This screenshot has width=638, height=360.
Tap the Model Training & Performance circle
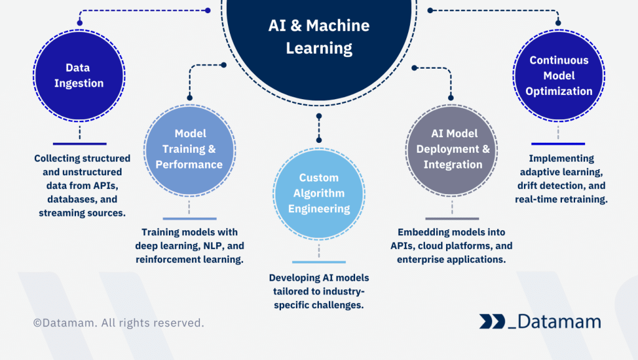click(x=189, y=150)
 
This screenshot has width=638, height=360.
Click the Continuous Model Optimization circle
click(x=558, y=75)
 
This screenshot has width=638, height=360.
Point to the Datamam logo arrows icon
click(x=492, y=321)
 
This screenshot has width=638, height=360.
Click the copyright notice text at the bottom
click(x=118, y=323)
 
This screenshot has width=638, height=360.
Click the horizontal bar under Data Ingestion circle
click(x=80, y=144)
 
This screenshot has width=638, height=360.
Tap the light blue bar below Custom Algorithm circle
click(x=319, y=262)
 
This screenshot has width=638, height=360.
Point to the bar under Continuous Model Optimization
click(x=558, y=144)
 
